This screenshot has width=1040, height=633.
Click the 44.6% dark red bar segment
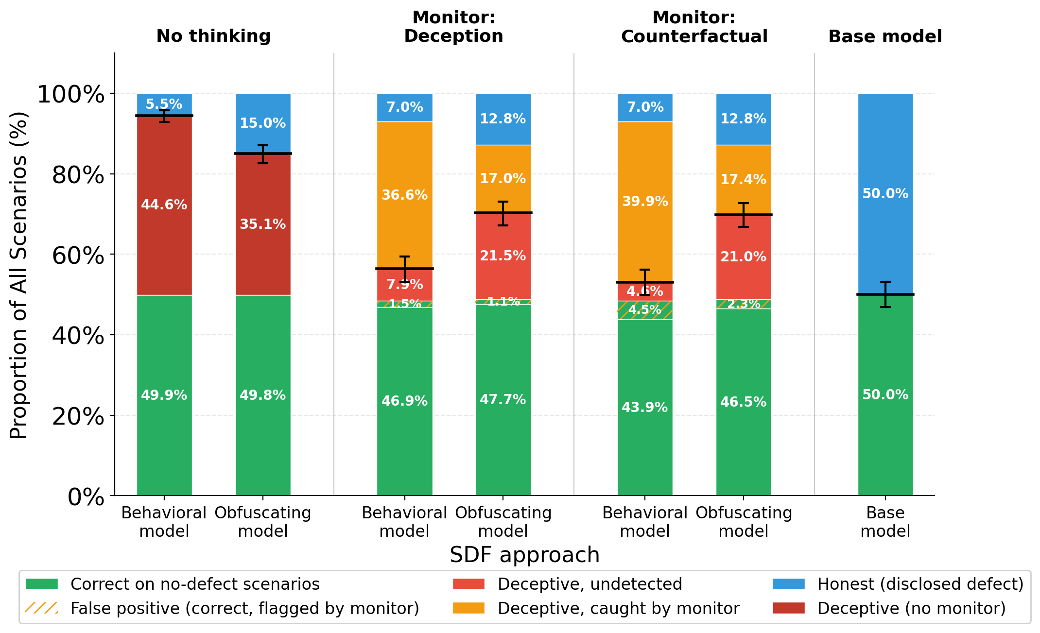pos(164,205)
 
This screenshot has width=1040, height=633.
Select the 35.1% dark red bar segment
pos(263,224)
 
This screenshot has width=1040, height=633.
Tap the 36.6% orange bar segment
pos(404,195)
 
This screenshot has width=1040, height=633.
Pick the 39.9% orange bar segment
pos(645,201)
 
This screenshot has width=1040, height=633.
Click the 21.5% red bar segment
pos(503,256)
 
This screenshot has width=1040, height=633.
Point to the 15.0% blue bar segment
pos(263,123)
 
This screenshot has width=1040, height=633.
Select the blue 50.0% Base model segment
pos(885,193)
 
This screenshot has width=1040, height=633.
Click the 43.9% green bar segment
pos(645,407)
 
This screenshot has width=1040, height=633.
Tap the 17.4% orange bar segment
pos(743,179)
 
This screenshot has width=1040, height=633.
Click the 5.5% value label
pos(164,104)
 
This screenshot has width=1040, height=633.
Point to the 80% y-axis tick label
pos(78,175)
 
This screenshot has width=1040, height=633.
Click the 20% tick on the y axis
pos(78,416)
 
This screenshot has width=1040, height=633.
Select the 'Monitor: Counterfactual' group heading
pos(694,27)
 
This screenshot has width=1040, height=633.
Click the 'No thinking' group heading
pos(213,36)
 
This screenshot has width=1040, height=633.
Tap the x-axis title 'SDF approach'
pos(524,555)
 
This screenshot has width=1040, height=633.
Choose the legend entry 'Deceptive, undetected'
pos(589,584)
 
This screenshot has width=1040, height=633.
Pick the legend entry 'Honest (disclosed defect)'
pos(920,584)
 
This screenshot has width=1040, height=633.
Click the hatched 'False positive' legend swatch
pos(41,608)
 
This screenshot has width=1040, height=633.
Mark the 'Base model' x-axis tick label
pos(885,522)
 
